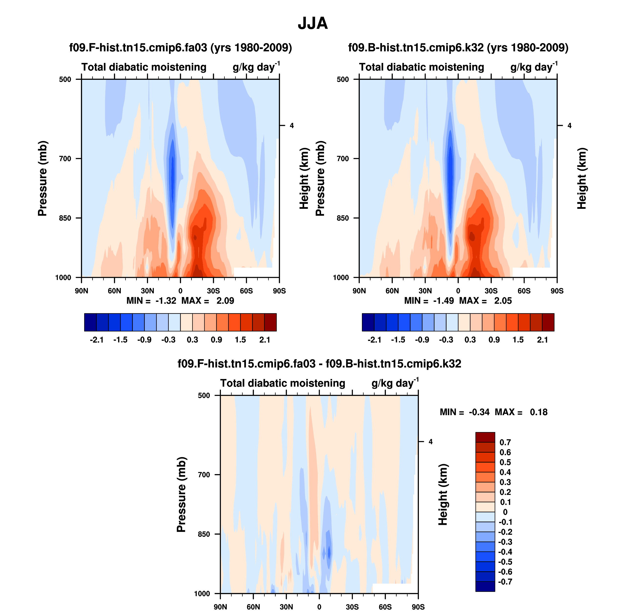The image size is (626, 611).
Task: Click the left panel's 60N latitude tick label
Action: [114, 291]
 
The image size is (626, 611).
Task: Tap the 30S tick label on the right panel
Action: [491, 291]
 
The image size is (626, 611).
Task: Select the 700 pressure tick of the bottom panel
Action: [204, 475]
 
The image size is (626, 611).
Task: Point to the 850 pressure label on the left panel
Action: [65, 218]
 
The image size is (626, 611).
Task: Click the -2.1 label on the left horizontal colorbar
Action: [97, 340]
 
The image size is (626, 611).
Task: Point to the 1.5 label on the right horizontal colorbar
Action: [518, 340]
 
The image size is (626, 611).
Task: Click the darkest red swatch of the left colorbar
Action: [270, 322]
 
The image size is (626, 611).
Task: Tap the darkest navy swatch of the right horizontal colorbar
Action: [368, 322]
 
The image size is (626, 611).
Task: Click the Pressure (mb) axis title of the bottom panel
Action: [181, 494]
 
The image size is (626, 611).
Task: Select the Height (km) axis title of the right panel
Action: [581, 178]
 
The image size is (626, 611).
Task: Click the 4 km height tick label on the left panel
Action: [292, 126]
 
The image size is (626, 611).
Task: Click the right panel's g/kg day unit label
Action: [533, 67]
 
